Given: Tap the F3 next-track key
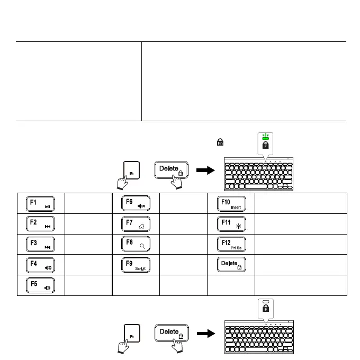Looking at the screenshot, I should [x=40, y=245].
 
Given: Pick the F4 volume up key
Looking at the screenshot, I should [x=40, y=265].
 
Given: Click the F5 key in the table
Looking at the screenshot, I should [x=40, y=285].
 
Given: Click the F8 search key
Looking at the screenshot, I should [x=136, y=245].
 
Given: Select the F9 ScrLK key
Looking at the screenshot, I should [x=136, y=265].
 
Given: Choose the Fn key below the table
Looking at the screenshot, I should [x=131, y=335].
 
